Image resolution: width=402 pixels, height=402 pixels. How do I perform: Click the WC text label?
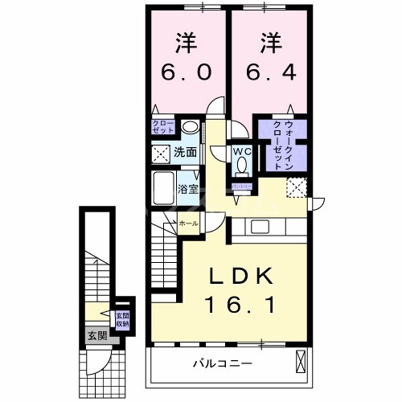point(242,150)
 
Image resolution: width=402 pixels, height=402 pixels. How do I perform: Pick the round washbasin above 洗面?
point(190,127)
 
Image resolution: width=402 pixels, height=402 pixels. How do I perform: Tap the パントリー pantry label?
point(242,186)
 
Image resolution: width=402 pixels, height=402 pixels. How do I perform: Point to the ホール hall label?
point(188,222)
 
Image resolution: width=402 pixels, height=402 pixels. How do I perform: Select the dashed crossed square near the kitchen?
point(297,187)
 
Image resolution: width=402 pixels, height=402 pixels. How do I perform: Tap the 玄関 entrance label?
point(96,334)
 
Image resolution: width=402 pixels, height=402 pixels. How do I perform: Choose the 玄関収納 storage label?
point(121,320)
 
